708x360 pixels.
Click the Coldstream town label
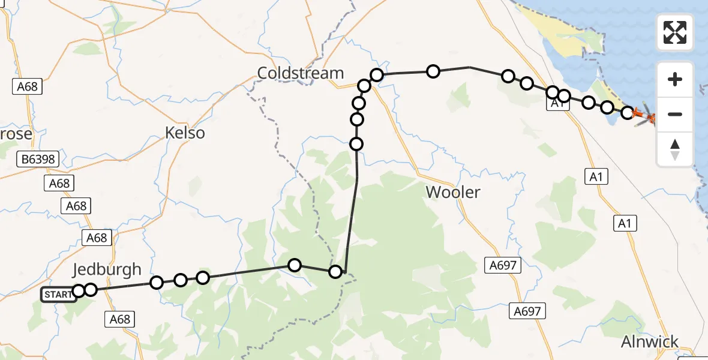click(x=301, y=73)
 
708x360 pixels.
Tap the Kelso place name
click(x=185, y=133)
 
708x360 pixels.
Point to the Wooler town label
click(x=453, y=192)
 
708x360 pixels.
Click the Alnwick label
click(x=650, y=342)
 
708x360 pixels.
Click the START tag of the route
click(x=58, y=295)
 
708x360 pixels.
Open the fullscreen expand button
click(x=675, y=32)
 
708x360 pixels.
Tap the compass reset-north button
click(x=675, y=149)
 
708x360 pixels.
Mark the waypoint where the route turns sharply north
click(x=335, y=272)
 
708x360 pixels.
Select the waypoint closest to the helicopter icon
click(x=627, y=112)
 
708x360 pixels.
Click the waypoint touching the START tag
click(x=79, y=292)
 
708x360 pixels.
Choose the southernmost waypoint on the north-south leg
click(x=356, y=144)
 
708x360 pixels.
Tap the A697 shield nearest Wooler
click(x=502, y=265)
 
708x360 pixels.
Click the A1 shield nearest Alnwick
click(x=625, y=224)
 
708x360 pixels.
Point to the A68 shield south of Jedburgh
click(x=120, y=319)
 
